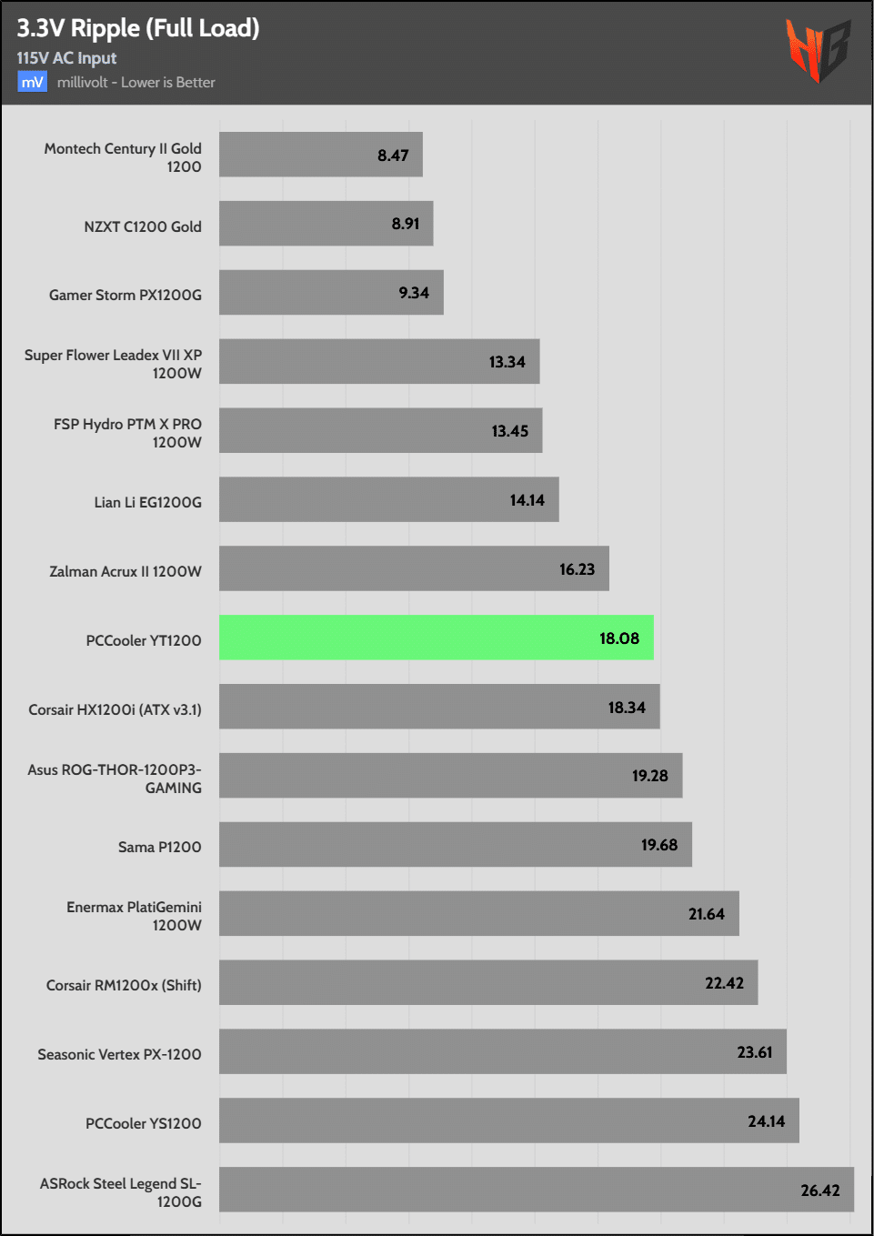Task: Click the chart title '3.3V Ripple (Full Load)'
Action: (x=138, y=28)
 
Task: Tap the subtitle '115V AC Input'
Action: (x=66, y=58)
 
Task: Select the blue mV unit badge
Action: (x=32, y=82)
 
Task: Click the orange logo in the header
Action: (x=818, y=51)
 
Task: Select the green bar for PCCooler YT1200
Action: (x=436, y=638)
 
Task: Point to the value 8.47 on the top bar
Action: (x=393, y=156)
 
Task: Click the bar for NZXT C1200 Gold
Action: (x=326, y=224)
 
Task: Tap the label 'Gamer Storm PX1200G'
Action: (x=126, y=295)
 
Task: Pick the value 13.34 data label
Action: (x=507, y=362)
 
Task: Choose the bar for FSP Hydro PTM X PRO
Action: (x=380, y=430)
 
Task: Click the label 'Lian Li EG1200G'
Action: (x=147, y=502)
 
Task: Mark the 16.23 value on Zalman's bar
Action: (x=577, y=569)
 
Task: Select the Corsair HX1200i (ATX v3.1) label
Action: (x=115, y=709)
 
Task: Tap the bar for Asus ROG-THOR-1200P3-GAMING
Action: (x=450, y=775)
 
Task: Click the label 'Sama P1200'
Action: (x=159, y=847)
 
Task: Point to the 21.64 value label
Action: (x=706, y=914)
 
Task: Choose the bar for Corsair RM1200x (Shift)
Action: (x=487, y=982)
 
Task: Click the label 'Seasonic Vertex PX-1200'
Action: (x=119, y=1054)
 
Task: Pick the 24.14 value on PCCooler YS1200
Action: (x=766, y=1121)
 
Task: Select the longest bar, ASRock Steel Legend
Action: (x=536, y=1190)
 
